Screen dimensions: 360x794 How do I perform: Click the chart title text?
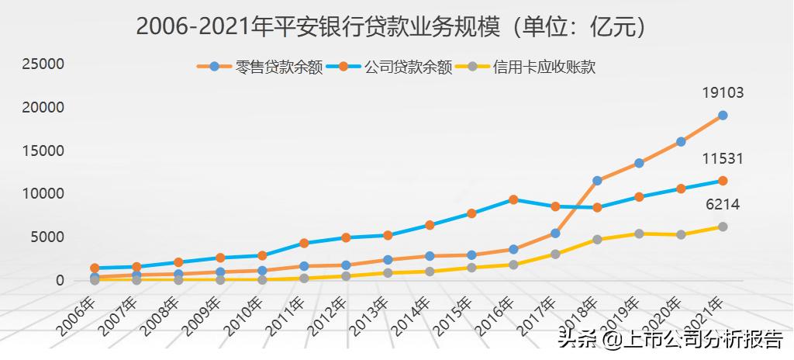point(392,27)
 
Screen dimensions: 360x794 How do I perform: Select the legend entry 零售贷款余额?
point(279,67)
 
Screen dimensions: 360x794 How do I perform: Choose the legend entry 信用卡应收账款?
point(544,67)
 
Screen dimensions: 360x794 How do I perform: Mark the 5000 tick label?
point(47,237)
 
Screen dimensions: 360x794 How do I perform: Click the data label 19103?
point(723,93)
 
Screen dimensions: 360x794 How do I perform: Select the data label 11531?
point(723,159)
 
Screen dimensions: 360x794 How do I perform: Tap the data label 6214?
point(723,205)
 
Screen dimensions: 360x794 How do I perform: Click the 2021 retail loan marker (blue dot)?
point(723,116)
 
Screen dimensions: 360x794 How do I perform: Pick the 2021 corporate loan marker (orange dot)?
point(723,181)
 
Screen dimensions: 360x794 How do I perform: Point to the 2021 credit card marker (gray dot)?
point(723,227)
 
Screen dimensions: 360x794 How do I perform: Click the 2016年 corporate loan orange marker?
point(513,199)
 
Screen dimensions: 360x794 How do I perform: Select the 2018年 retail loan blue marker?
point(597,181)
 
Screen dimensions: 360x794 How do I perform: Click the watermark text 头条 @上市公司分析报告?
point(670,340)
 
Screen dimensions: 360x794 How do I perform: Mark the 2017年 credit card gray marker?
point(555,254)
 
